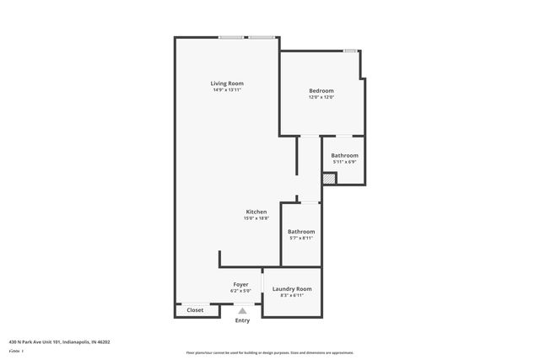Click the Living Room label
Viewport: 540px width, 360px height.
pos(227,83)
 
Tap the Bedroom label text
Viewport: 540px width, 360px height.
pos(321,90)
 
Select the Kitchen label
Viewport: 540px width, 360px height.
pos(256,212)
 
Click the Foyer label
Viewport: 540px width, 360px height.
pos(240,285)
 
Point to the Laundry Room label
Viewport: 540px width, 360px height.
pos(291,288)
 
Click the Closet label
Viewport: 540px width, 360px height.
pos(195,310)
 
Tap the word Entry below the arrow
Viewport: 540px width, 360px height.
pos(242,320)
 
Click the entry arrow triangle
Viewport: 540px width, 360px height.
pos(242,311)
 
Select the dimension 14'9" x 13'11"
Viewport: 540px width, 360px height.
pos(227,89)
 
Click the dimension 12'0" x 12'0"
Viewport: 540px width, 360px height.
pos(321,97)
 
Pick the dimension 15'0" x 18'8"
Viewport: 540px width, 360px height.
pos(256,218)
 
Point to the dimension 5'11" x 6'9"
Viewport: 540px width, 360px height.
pos(344,162)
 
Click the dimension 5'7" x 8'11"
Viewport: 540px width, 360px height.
pos(301,239)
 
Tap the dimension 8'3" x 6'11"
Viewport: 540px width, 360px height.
pos(291,295)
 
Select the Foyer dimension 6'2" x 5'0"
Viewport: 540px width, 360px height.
pos(240,292)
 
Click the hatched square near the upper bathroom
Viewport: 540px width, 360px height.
pos(329,179)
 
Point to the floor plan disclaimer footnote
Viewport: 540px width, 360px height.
pos(269,352)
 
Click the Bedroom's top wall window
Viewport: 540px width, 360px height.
pos(349,51)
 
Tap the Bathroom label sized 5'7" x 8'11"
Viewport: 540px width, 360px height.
pos(301,232)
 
